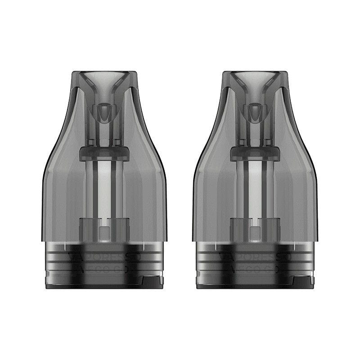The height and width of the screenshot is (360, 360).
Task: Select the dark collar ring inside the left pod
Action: coord(103,153)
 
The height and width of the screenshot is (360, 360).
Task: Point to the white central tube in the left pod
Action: coord(103,189)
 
